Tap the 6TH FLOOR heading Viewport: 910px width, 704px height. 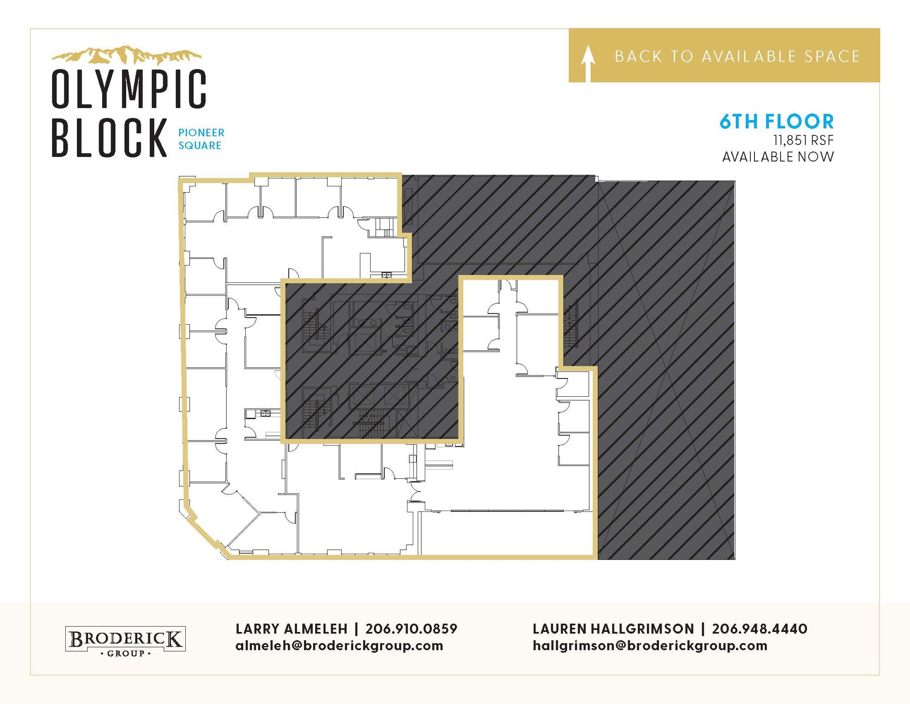pyautogui.click(x=776, y=121)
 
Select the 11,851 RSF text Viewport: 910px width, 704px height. pyautogui.click(x=803, y=141)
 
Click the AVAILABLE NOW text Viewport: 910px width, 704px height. pyautogui.click(x=778, y=157)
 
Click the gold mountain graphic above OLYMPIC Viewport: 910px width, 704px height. pyautogui.click(x=127, y=55)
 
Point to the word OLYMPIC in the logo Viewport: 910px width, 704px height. pyautogui.click(x=129, y=89)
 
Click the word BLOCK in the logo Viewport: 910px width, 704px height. pyautogui.click(x=109, y=137)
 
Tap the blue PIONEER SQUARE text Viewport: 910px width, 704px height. pyautogui.click(x=201, y=139)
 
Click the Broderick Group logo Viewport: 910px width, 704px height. pyautogui.click(x=125, y=640)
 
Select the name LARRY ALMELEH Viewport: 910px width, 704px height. pyautogui.click(x=291, y=629)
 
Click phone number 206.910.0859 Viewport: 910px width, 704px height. pyautogui.click(x=411, y=629)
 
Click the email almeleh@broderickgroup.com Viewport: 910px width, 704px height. pyautogui.click(x=339, y=646)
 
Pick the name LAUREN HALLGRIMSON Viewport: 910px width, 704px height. pyautogui.click(x=613, y=629)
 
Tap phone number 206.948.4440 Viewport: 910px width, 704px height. pyautogui.click(x=759, y=629)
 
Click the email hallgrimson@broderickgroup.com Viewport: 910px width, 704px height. pyautogui.click(x=650, y=646)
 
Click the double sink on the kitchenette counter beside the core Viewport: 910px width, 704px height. pyautogui.click(x=265, y=414)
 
